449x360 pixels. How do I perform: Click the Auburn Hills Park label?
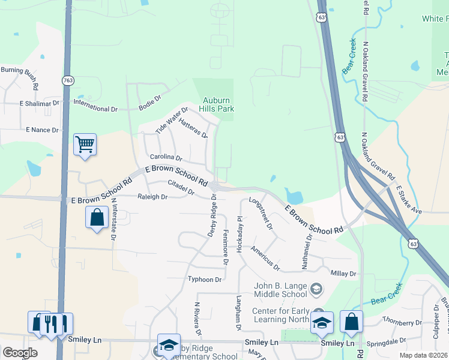pyautogui.click(x=217, y=104)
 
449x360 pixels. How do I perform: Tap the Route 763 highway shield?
pyautogui.click(x=67, y=80)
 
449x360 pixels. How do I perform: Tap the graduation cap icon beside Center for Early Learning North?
pyautogui.click(x=322, y=323)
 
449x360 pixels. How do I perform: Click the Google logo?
pyautogui.click(x=20, y=353)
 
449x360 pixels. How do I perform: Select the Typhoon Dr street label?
pyautogui.click(x=205, y=279)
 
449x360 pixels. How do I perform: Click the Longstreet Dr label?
pyautogui.click(x=261, y=214)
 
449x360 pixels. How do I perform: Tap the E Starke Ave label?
pyautogui.click(x=409, y=199)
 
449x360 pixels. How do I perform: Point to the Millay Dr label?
pyautogui.click(x=344, y=274)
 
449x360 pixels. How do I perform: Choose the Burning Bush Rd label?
pyautogui.click(x=20, y=76)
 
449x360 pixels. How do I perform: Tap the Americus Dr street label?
pyautogui.click(x=265, y=257)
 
